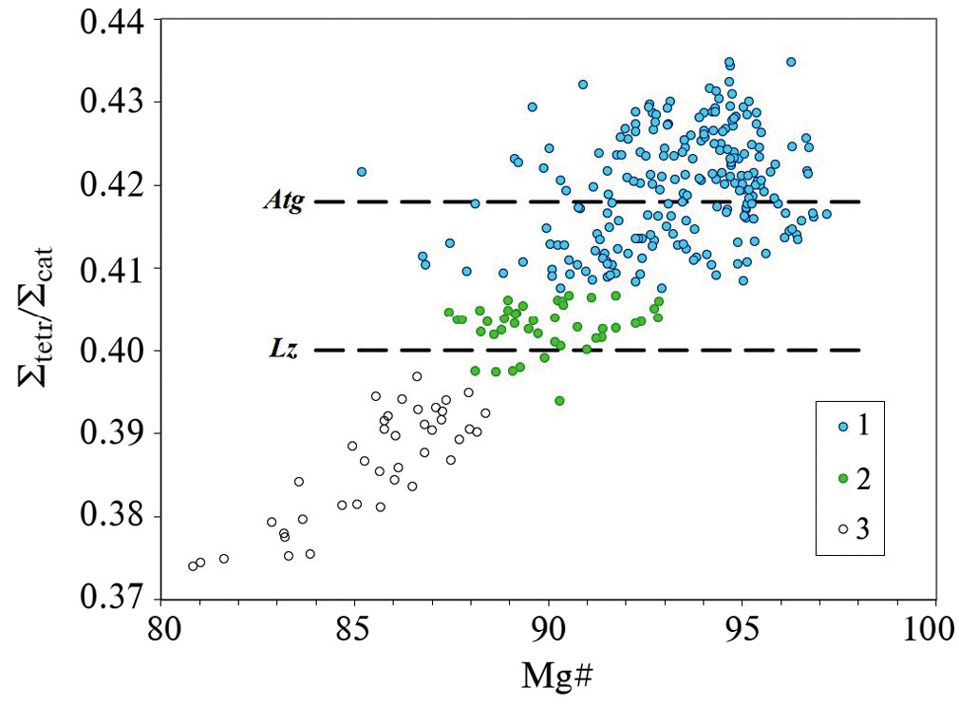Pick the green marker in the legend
pyautogui.click(x=840, y=478)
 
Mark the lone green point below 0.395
pyautogui.click(x=559, y=401)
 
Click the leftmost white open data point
pyautogui.click(x=193, y=566)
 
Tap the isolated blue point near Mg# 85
pyautogui.click(x=362, y=172)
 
